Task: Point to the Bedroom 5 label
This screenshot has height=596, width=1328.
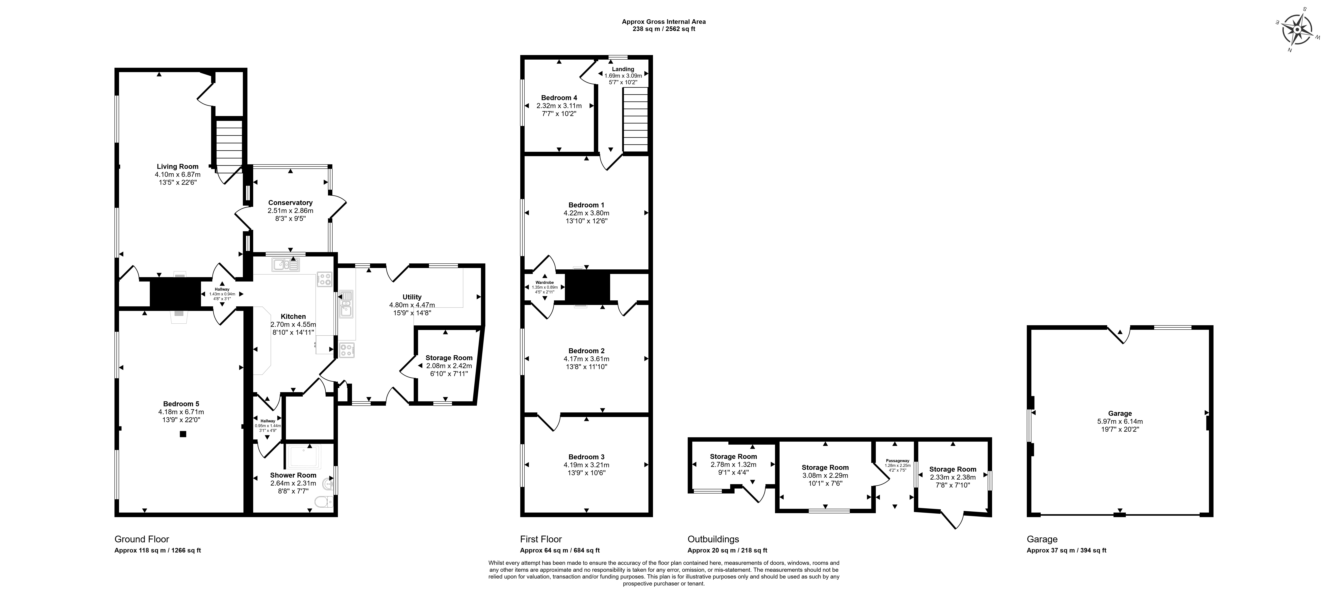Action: coord(181,404)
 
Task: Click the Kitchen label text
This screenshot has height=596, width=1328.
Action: coord(293,316)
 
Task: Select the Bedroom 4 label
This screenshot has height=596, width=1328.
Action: coord(559,98)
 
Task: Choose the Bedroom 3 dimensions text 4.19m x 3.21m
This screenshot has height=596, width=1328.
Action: coord(586,465)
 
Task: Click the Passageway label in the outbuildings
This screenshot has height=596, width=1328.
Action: coord(897,460)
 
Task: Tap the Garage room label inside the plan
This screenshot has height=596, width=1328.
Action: coord(1120,413)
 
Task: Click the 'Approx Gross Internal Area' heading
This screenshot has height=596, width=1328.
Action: coord(664,22)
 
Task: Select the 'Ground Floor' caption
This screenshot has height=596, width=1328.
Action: coord(142,539)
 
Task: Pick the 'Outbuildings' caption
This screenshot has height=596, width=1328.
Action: coord(714,539)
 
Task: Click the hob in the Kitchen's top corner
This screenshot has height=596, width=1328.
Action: coord(324,279)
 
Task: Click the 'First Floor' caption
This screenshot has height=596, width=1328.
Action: coord(541,539)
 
